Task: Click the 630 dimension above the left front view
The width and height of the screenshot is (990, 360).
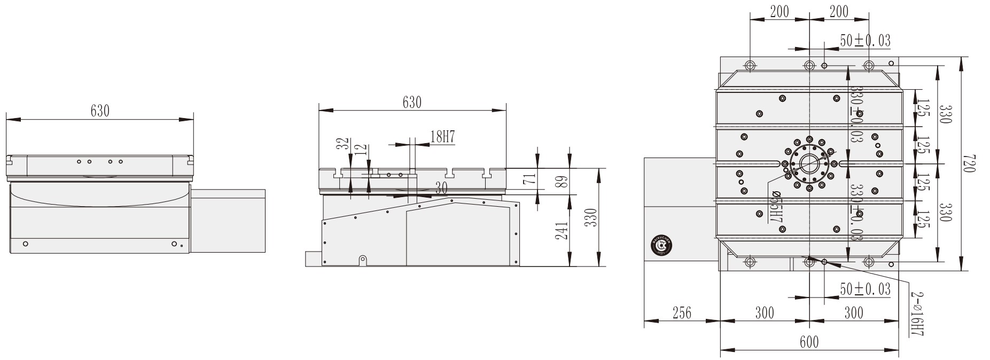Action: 100,111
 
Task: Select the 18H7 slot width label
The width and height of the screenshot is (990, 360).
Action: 442,137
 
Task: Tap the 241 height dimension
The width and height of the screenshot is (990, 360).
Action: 562,230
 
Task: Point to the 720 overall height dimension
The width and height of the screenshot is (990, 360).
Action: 970,163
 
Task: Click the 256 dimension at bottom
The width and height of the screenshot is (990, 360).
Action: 681,312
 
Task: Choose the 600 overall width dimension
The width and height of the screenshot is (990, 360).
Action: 809,342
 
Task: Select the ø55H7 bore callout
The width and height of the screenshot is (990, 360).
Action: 776,206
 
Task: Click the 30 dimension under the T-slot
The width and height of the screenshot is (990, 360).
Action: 441,188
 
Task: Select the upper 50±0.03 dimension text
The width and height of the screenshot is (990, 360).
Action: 865,41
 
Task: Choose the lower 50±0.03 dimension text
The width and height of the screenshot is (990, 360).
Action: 865,289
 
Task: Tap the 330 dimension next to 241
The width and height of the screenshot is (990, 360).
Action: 590,217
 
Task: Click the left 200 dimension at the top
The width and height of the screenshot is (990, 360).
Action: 779,12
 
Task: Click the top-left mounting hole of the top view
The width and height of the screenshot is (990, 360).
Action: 750,66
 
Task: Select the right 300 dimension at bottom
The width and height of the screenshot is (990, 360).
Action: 853,312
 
